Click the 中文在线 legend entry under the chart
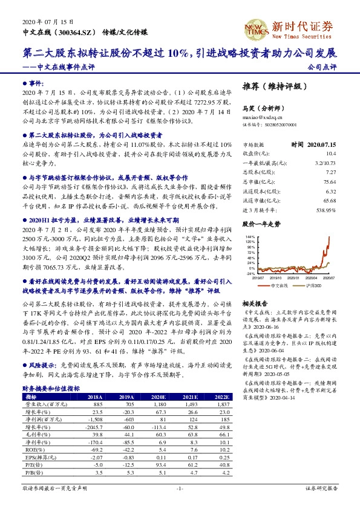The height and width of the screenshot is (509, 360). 280,284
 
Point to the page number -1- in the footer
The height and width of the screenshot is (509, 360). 180,488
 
